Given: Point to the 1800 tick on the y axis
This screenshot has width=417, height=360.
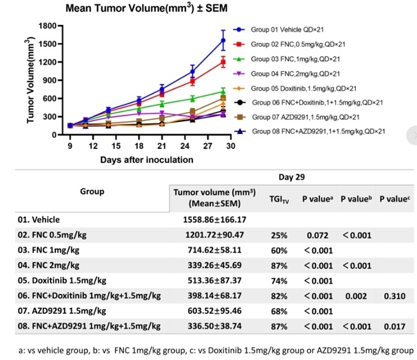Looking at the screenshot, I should coord(49,26).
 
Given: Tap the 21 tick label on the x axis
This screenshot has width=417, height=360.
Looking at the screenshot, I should coord(162,146).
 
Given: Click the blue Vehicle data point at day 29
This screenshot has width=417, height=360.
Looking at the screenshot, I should coord(223,40).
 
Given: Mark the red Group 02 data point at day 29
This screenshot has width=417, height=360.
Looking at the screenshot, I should coord(223,62).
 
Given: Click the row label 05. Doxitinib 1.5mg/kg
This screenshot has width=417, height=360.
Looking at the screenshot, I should coord(71,280).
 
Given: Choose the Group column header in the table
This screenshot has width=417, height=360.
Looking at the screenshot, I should coord(92,191).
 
